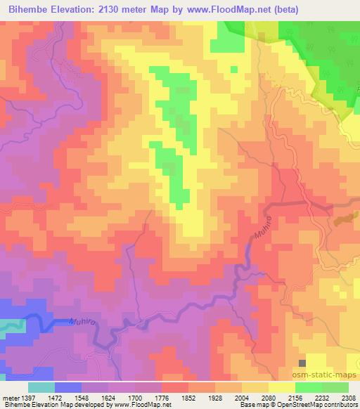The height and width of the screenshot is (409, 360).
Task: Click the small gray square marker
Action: pos(302,363)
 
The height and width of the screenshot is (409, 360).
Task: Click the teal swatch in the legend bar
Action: pos(41,387)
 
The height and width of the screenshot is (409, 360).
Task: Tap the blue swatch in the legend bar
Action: pos(67,387)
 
